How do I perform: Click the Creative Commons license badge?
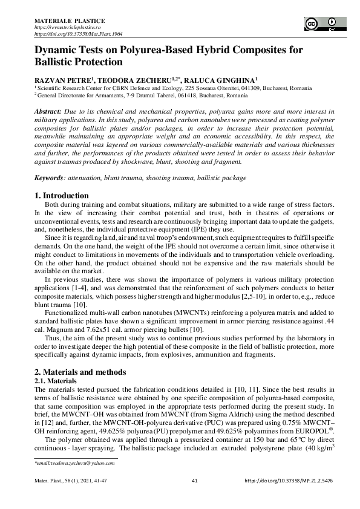coord(322,24)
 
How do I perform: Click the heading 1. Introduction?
coord(62,196)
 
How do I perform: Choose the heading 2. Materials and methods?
coord(80,372)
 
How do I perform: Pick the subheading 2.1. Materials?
coord(55,381)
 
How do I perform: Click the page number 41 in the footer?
coord(195,481)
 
